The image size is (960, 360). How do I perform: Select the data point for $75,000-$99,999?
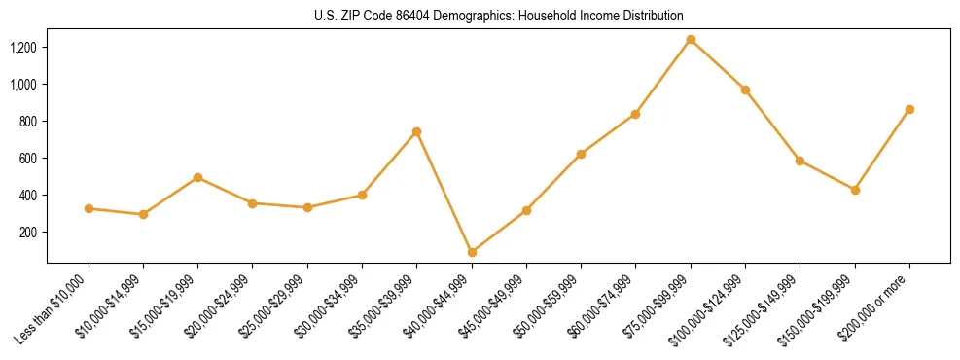pyautogui.click(x=691, y=40)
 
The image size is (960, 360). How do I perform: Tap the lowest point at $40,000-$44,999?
pyautogui.click(x=472, y=252)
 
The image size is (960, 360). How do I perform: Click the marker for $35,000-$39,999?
pyautogui.click(x=417, y=131)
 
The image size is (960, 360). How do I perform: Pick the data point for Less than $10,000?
pyautogui.click(x=89, y=208)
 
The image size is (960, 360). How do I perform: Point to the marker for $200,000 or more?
pyautogui.click(x=909, y=110)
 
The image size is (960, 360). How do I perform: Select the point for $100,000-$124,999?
pyautogui.click(x=745, y=90)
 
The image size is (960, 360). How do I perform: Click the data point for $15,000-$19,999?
pyautogui.click(x=198, y=177)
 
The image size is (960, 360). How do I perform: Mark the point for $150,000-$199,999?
pyautogui.click(x=855, y=190)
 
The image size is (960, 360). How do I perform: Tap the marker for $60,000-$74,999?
pyautogui.click(x=636, y=114)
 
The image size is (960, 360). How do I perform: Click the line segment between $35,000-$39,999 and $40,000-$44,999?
pyautogui.click(x=444, y=192)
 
